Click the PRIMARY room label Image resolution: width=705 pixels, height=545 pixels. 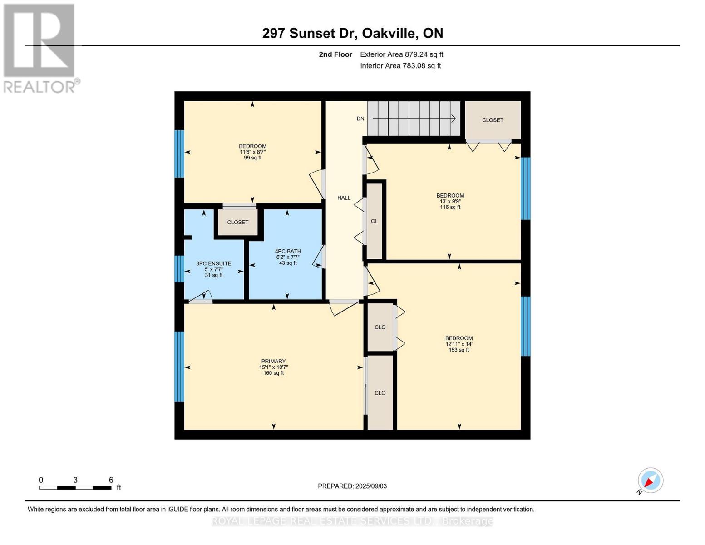[x=273, y=362]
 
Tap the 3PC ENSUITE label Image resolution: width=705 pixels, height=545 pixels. [x=213, y=263]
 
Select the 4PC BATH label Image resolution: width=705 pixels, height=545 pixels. [x=288, y=251]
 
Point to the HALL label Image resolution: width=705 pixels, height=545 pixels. [x=344, y=198]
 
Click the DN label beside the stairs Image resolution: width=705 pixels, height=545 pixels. [x=360, y=119]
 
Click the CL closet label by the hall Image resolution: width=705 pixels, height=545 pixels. [x=374, y=221]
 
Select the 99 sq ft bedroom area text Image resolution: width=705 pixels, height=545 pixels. [x=252, y=158]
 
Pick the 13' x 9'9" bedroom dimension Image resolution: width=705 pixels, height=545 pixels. [x=450, y=201]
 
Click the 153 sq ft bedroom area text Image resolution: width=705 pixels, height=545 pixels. [x=458, y=350]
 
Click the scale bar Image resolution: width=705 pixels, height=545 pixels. [x=75, y=488]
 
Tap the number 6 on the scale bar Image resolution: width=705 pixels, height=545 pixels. [x=111, y=480]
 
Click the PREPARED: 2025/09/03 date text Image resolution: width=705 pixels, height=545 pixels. [x=352, y=486]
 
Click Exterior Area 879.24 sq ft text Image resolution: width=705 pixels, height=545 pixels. [x=401, y=54]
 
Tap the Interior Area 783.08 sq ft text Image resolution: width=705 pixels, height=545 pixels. [x=400, y=66]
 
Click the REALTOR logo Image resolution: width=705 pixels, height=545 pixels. [x=40, y=48]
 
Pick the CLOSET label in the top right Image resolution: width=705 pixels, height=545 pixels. [x=493, y=120]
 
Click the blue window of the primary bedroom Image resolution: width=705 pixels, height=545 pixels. [x=179, y=367]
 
